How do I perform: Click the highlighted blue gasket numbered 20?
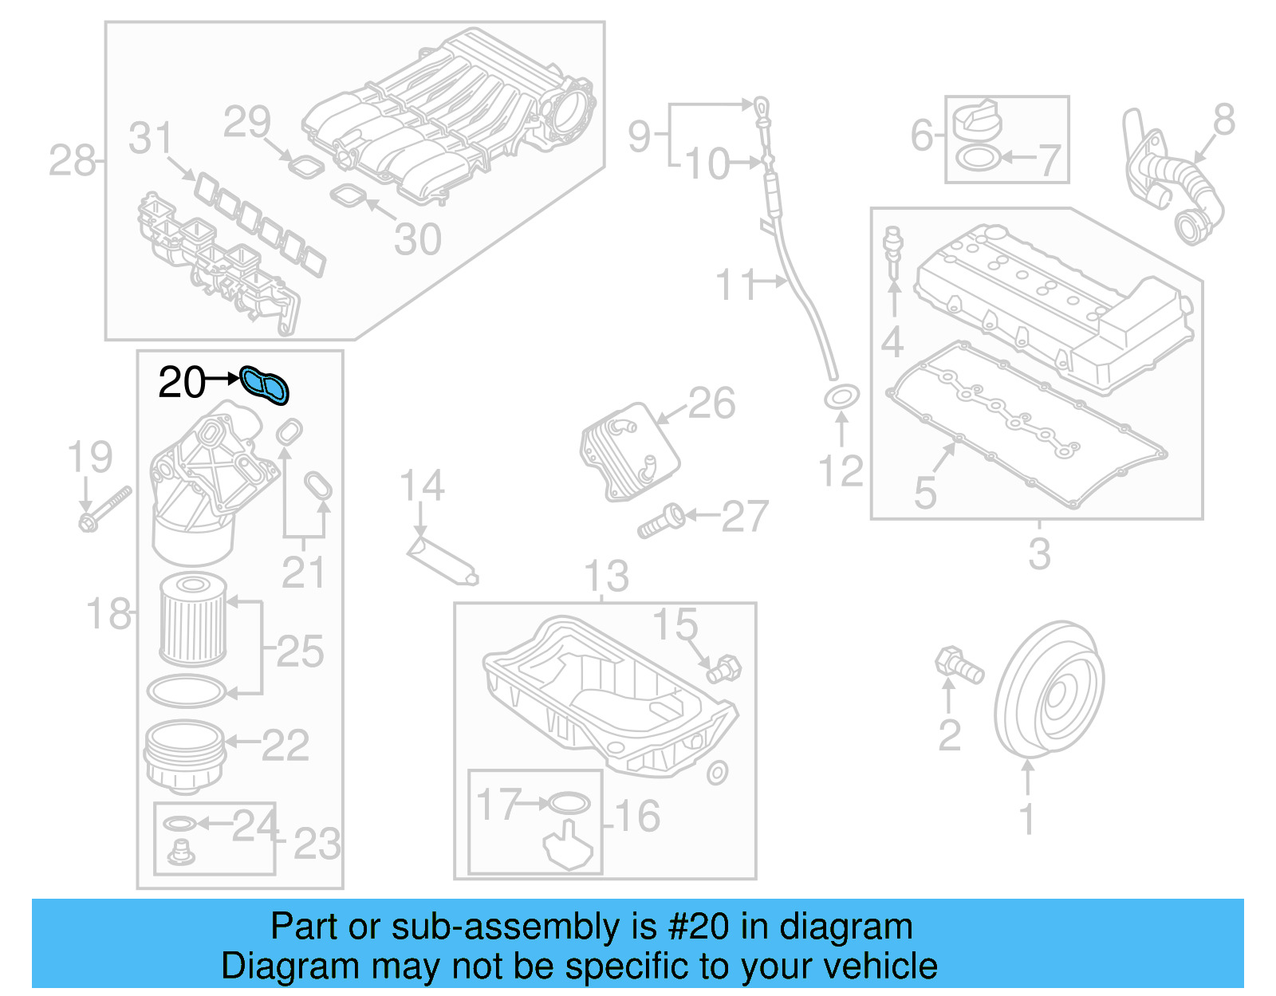[x=265, y=385]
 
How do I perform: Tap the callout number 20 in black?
[x=182, y=383]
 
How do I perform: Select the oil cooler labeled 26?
[x=629, y=451]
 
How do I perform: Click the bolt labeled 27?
[x=661, y=521]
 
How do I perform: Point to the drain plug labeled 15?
[x=724, y=667]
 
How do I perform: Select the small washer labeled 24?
[x=179, y=823]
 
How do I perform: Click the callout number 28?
[x=72, y=161]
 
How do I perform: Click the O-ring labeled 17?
[x=569, y=803]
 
